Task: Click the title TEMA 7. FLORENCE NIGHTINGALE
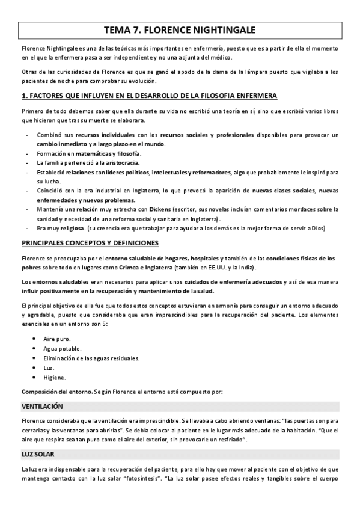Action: click(180, 29)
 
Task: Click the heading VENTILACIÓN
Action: click(42, 406)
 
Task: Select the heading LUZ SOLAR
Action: click(37, 453)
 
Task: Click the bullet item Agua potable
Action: click(63, 349)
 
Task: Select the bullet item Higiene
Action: click(55, 378)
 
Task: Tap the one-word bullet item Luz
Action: click(49, 368)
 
